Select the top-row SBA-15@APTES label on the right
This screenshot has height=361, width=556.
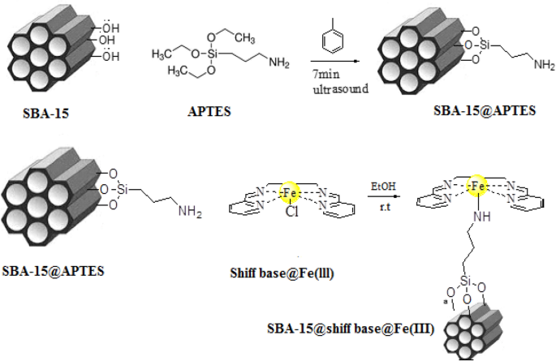(483, 111)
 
